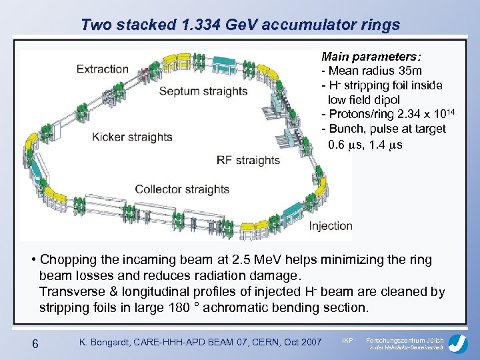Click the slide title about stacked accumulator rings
(240, 25)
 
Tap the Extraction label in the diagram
(102, 69)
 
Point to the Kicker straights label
(132, 137)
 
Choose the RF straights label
(248, 160)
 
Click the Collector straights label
(182, 189)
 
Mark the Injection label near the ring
(330, 225)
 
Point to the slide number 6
(37, 343)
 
